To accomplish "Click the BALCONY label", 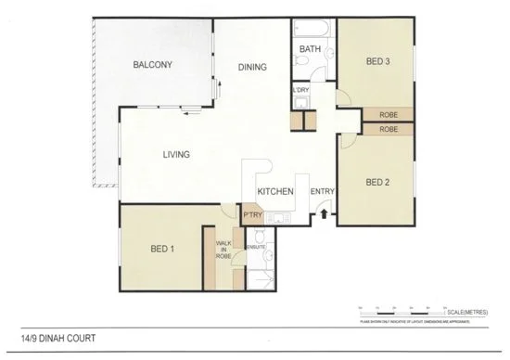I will [x=152, y=64].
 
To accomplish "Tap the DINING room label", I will [x=252, y=67].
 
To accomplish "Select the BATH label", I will [x=309, y=50].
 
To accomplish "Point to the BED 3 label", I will [x=378, y=62].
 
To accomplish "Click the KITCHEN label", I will [x=275, y=192].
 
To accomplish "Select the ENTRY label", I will [x=322, y=192].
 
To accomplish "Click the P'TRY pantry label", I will [x=251, y=215].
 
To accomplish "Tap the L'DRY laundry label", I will [x=300, y=90].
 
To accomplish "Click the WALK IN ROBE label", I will [x=223, y=250].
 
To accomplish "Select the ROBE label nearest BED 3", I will [x=388, y=114].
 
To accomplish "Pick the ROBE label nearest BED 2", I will [x=388, y=130].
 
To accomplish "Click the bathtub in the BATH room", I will [x=309, y=27].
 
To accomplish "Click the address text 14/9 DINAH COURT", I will [x=57, y=339].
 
